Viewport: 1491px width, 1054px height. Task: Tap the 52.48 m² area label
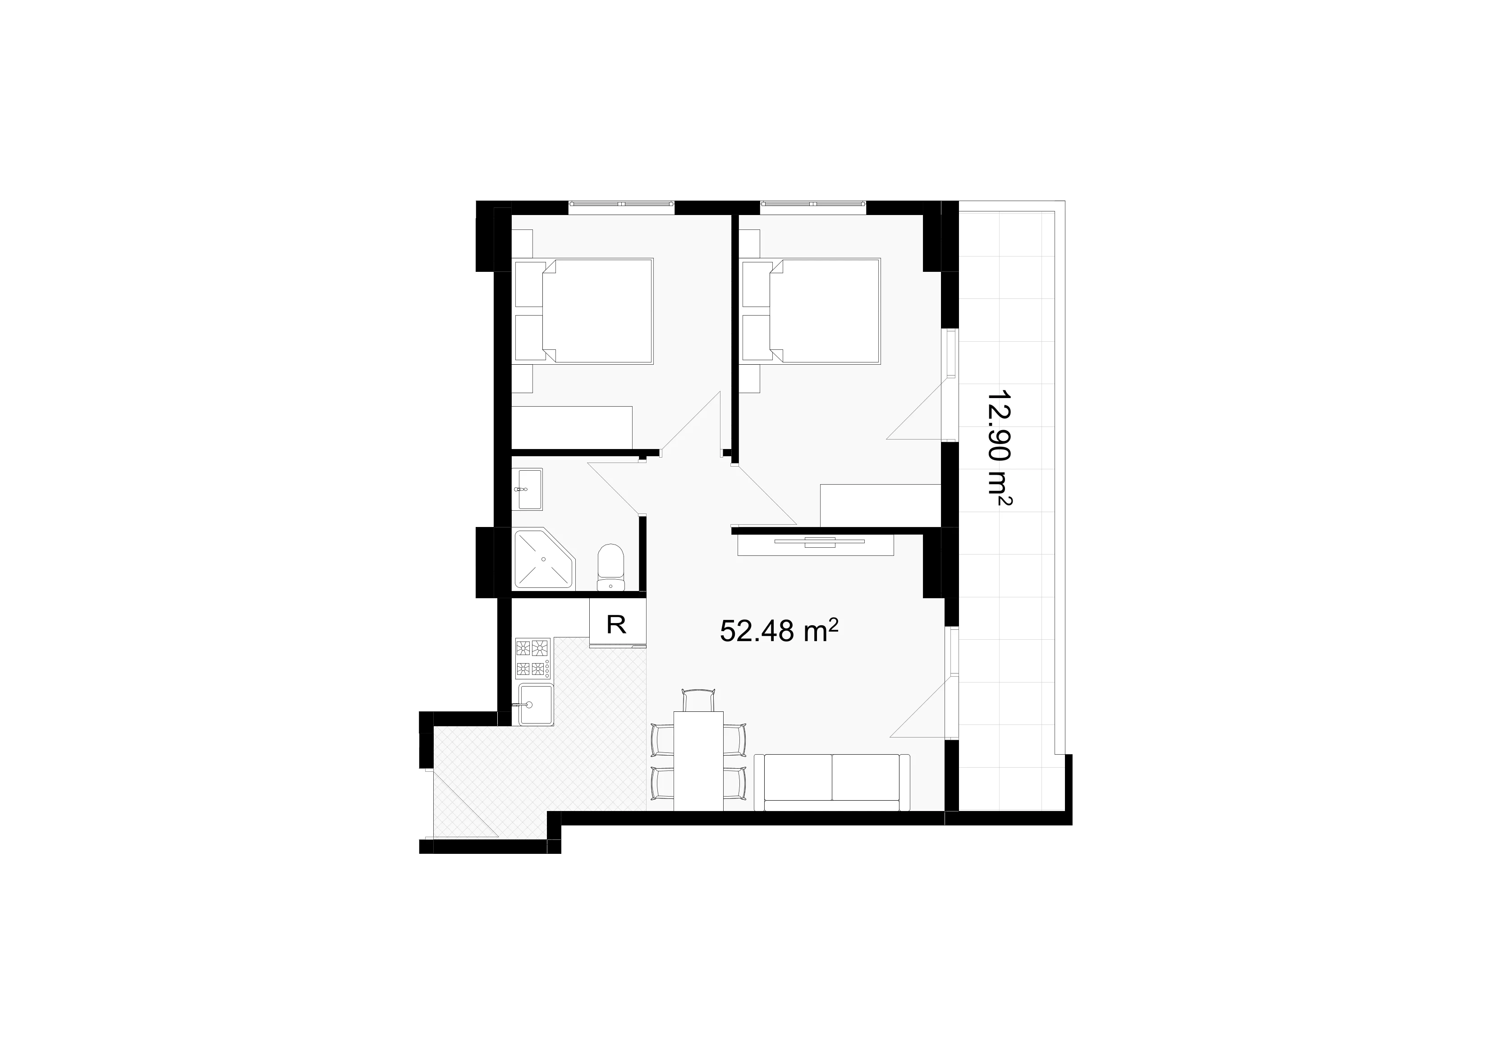(x=779, y=631)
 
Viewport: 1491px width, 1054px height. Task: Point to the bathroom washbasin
(x=528, y=489)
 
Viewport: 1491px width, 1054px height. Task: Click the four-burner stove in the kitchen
(x=532, y=659)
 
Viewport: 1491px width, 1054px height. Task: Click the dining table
(x=699, y=761)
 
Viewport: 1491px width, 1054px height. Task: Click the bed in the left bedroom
(x=583, y=311)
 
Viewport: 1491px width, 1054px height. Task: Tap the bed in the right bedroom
(x=811, y=311)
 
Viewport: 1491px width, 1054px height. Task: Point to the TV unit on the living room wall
(x=816, y=544)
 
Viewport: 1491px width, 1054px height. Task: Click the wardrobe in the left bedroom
(x=572, y=427)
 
